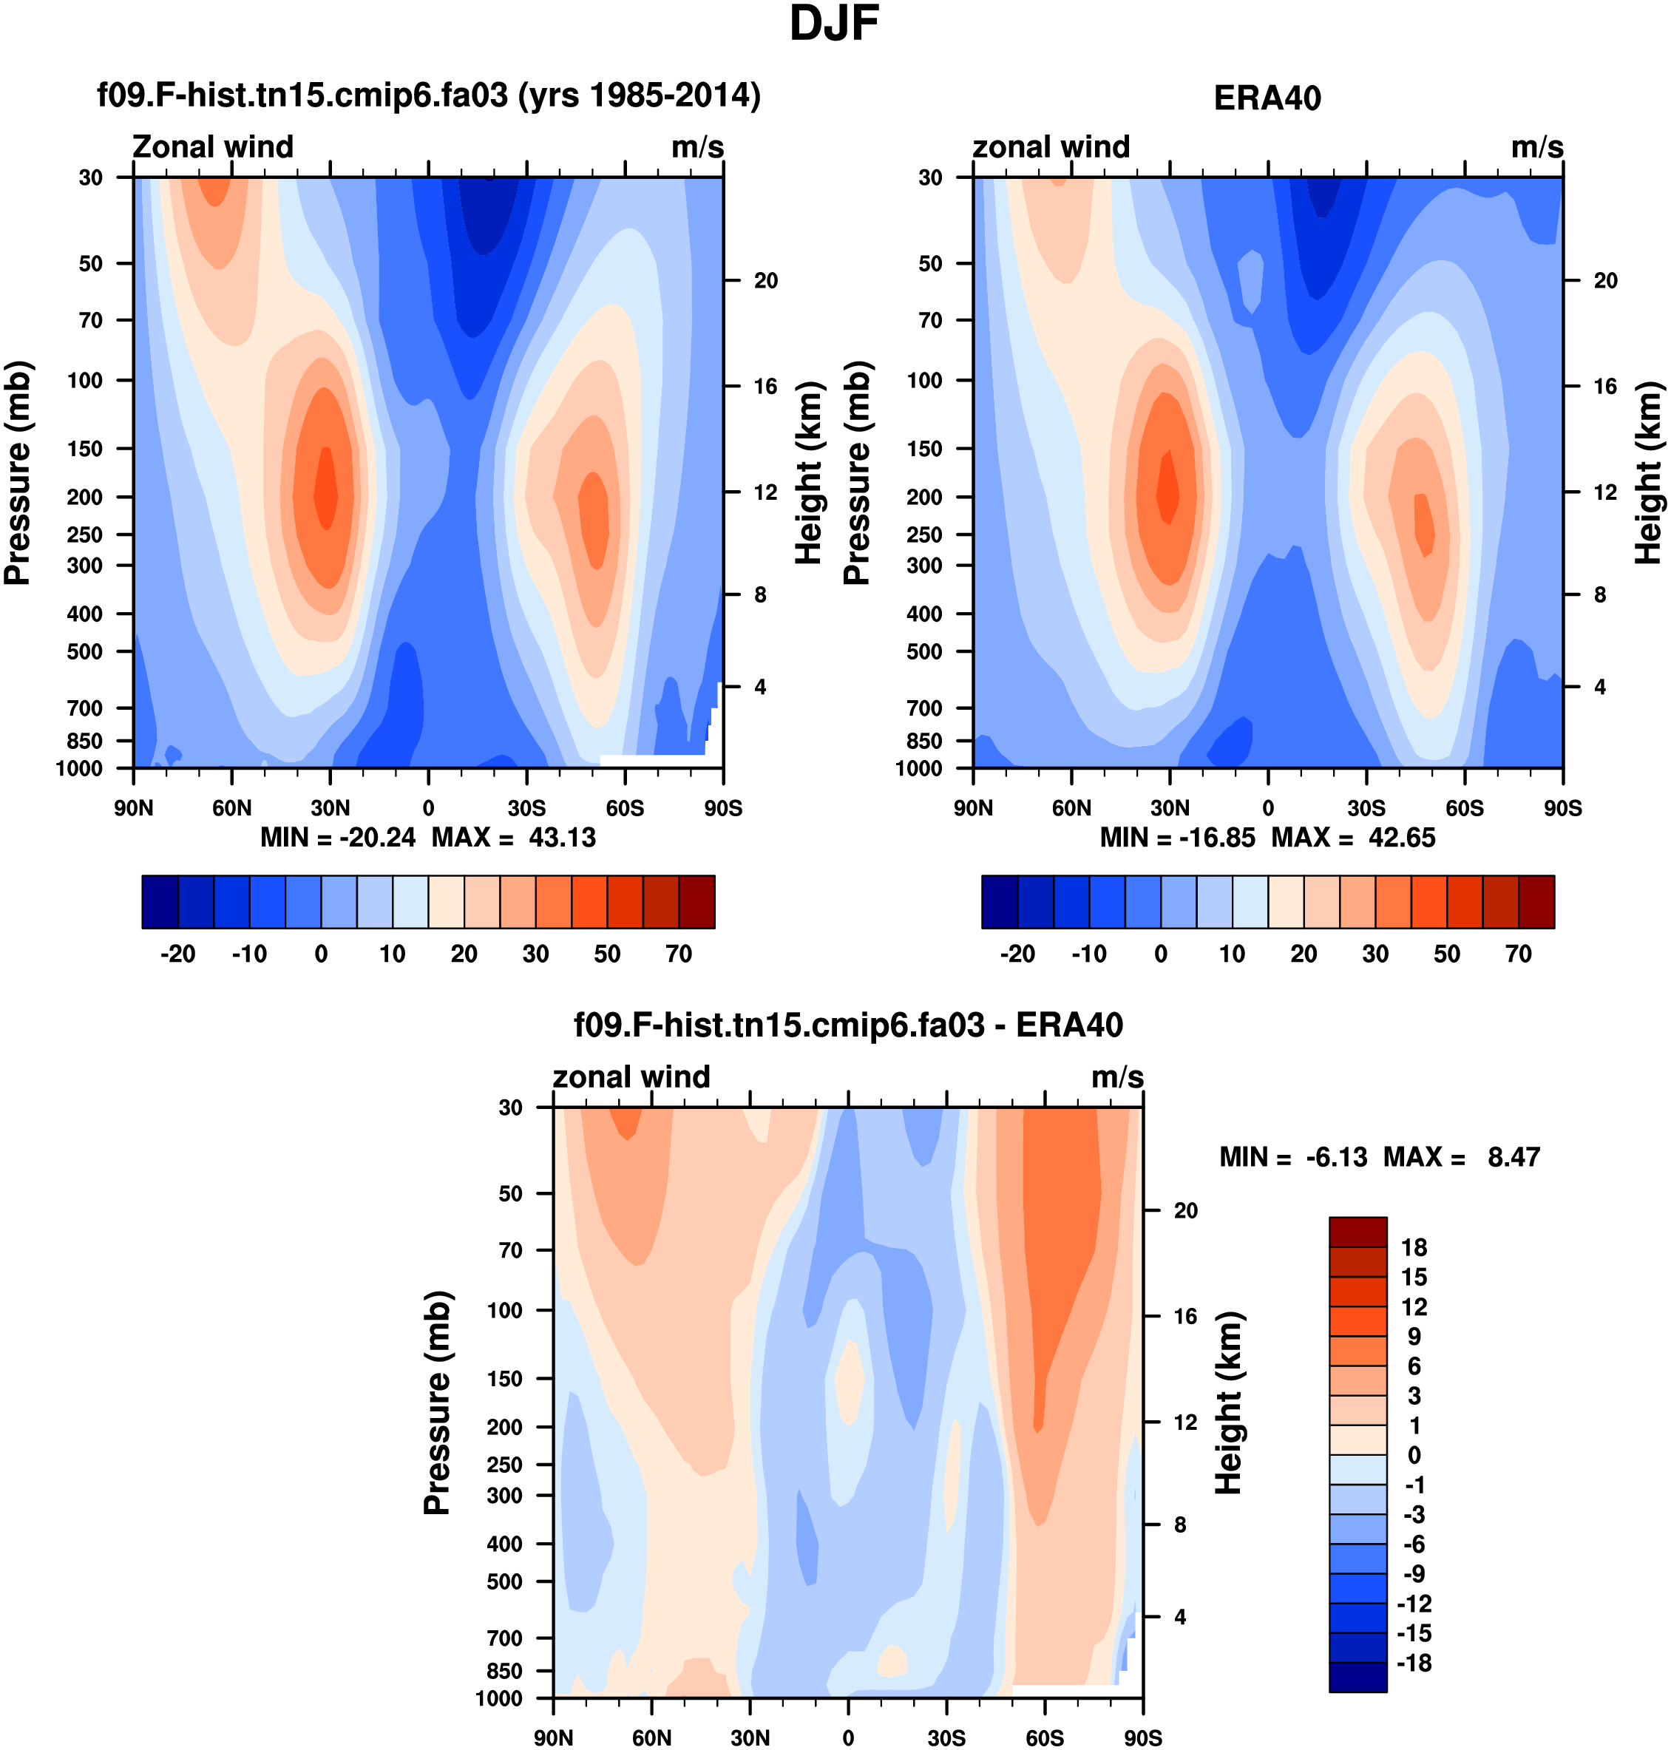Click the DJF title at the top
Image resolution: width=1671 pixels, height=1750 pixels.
(834, 24)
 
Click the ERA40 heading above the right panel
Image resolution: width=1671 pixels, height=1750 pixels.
(1267, 98)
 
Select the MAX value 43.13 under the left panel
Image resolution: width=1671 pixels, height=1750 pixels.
(562, 837)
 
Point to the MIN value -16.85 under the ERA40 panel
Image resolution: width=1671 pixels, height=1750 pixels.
(1217, 837)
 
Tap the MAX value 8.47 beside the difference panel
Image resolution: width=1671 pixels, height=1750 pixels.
(1514, 1157)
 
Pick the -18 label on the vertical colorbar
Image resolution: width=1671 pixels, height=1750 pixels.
(1414, 1663)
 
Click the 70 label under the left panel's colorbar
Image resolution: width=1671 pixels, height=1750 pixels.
(679, 954)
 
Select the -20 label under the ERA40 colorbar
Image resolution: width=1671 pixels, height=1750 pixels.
(1017, 954)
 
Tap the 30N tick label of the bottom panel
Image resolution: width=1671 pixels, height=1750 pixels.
(750, 1737)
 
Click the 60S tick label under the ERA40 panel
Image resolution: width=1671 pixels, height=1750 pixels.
(1465, 808)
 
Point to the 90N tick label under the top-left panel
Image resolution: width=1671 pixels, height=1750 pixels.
(134, 808)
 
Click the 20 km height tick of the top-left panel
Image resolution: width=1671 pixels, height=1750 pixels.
(766, 280)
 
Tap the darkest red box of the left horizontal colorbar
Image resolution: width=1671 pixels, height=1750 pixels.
(696, 902)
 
